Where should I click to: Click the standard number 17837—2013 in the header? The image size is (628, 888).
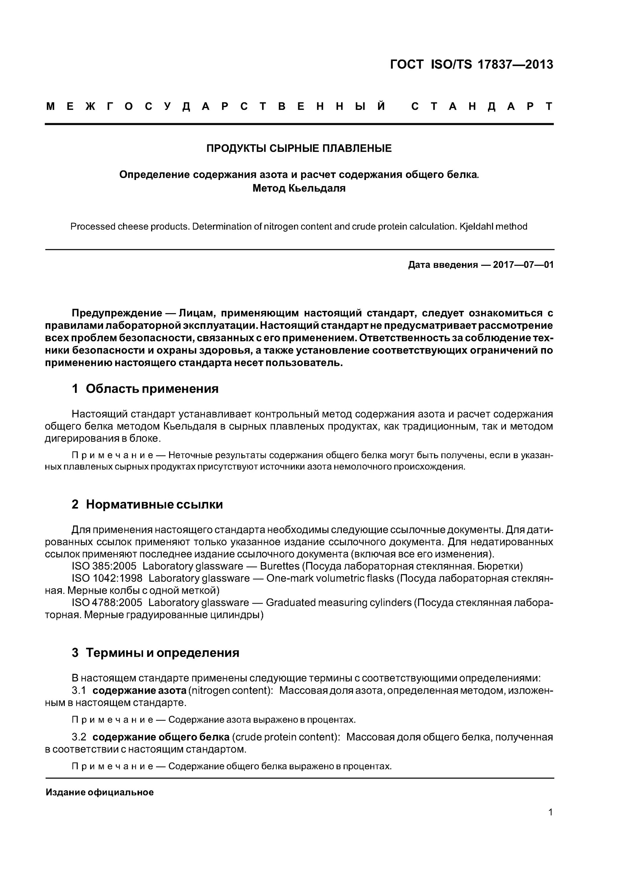(x=515, y=64)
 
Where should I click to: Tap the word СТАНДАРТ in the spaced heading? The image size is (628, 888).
(x=481, y=106)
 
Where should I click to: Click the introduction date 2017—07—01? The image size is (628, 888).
(x=523, y=265)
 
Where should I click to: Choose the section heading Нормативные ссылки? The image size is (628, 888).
(x=154, y=504)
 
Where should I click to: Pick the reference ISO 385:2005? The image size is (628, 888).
(x=104, y=566)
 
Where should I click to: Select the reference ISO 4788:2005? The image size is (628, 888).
(x=107, y=603)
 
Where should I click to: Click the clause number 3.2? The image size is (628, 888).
(x=79, y=737)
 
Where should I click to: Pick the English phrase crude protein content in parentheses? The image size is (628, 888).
(x=285, y=737)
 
